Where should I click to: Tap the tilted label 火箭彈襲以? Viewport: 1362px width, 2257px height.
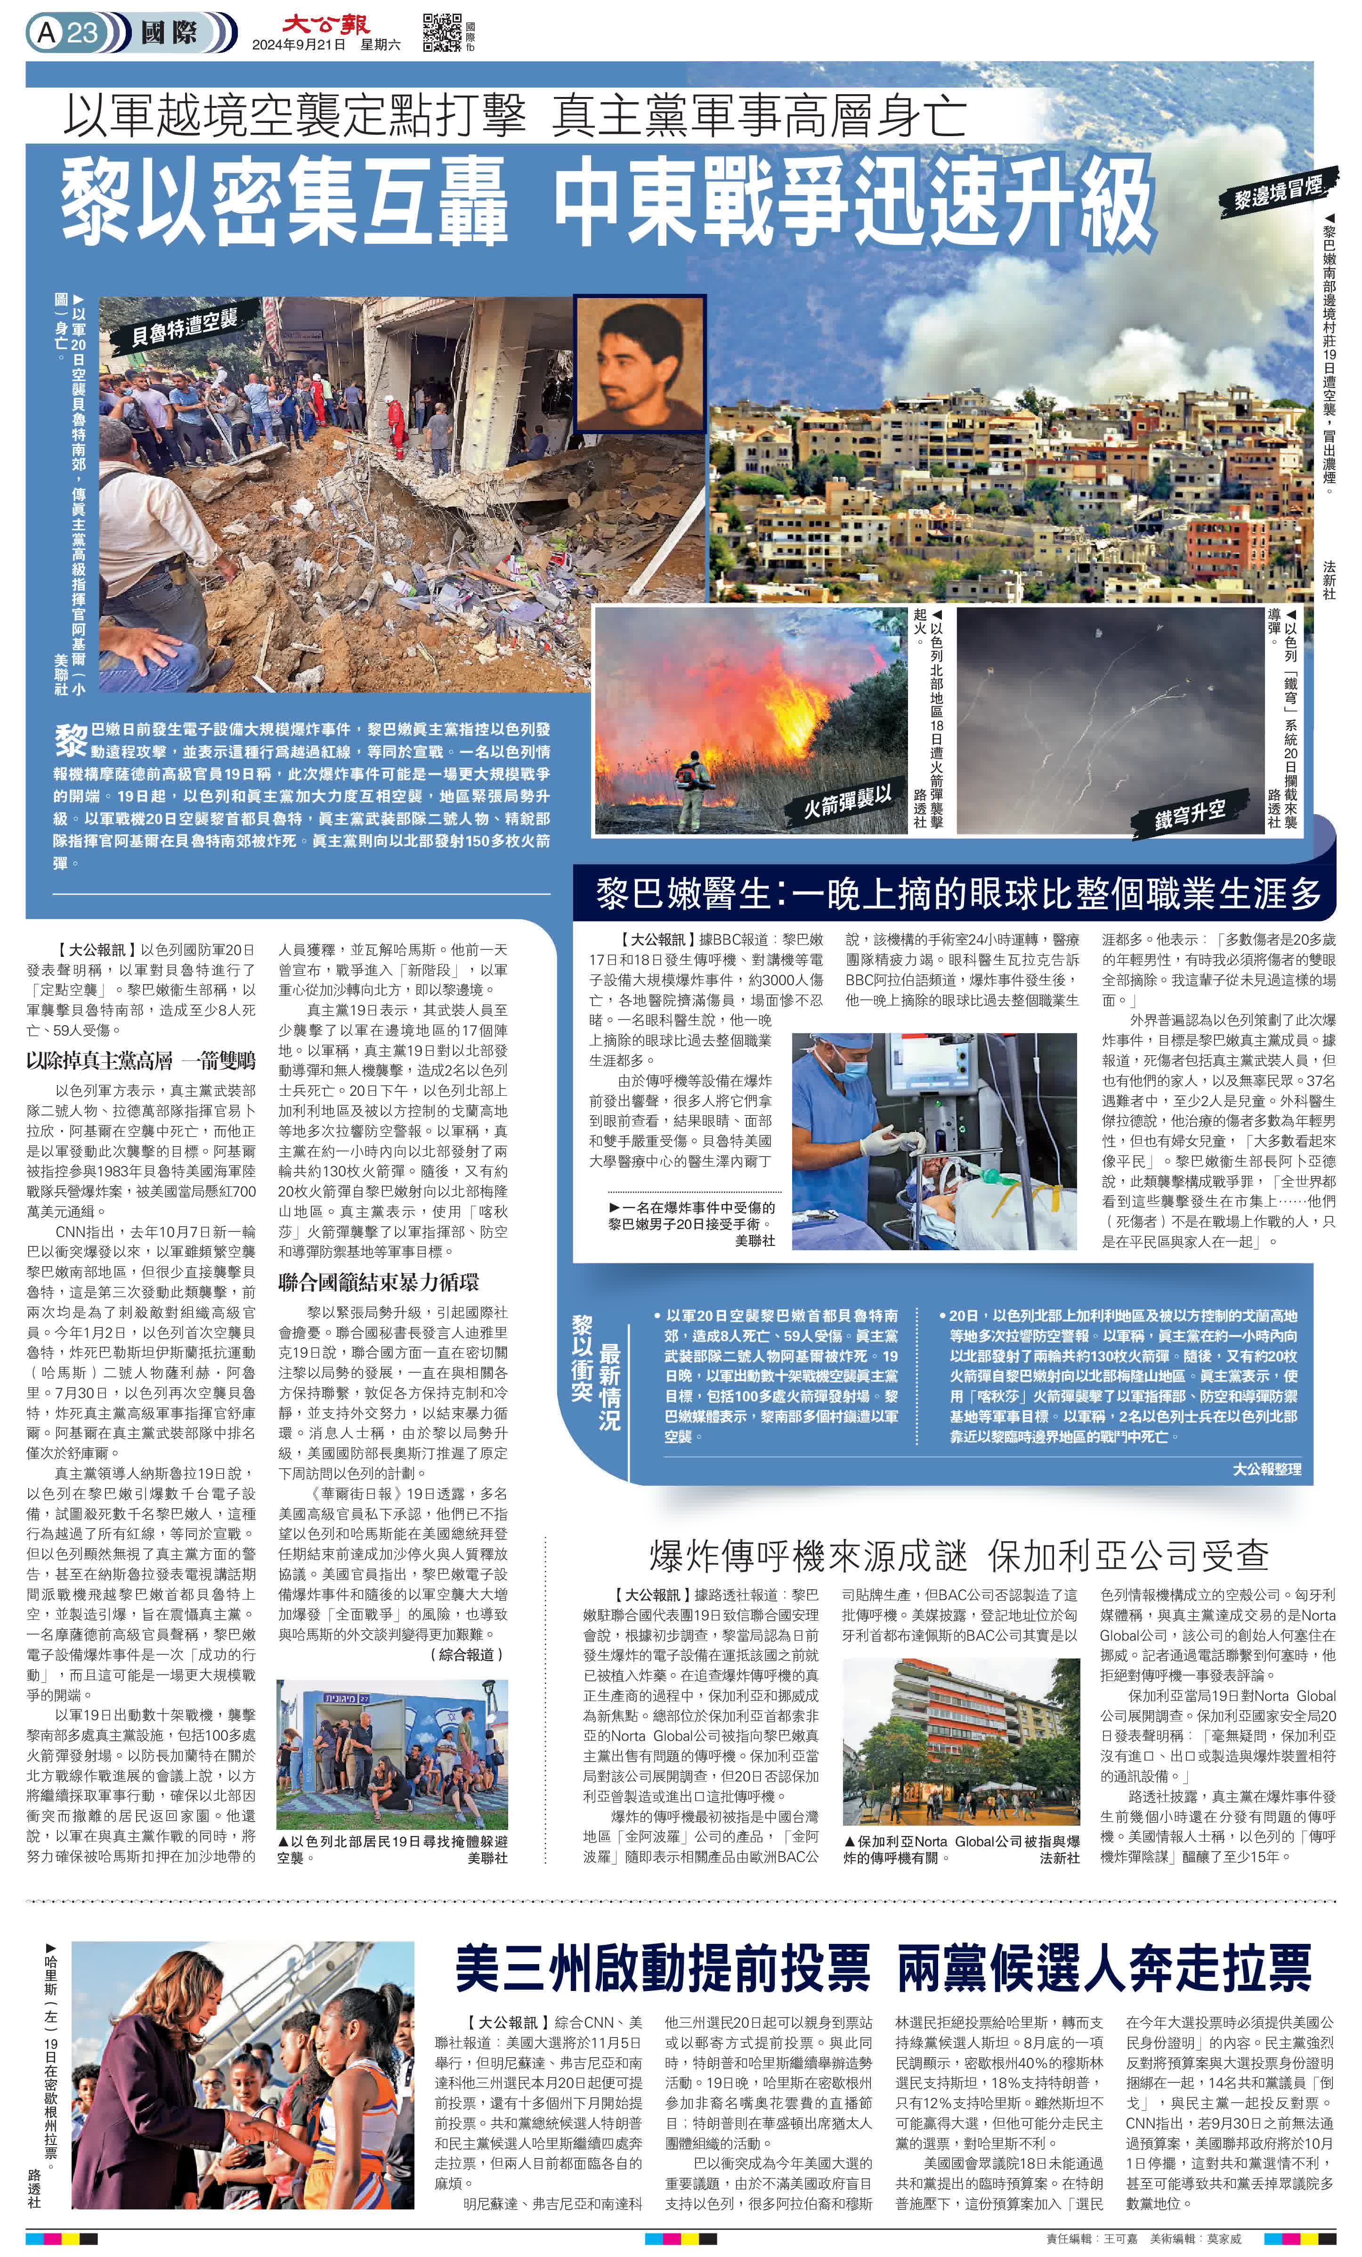point(847,802)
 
